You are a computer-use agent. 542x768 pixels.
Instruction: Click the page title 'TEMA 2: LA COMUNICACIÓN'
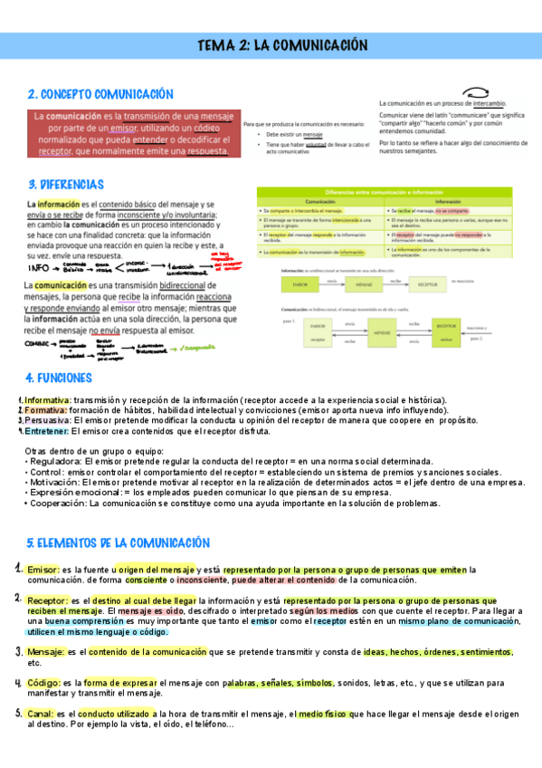point(283,45)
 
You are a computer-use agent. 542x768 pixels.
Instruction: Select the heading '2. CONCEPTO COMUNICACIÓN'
point(100,94)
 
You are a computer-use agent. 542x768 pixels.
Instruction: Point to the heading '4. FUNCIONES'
point(59,378)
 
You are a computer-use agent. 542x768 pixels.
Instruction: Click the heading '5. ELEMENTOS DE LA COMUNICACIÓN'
point(118,542)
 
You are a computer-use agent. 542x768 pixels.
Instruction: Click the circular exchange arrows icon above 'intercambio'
point(476,92)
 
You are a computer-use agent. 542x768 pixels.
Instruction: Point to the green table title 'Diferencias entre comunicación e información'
point(386,194)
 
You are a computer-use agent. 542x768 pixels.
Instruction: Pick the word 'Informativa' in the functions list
point(46,399)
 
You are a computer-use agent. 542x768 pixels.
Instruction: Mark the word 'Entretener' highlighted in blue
point(47,431)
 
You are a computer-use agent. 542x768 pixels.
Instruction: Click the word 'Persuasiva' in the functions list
point(46,421)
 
